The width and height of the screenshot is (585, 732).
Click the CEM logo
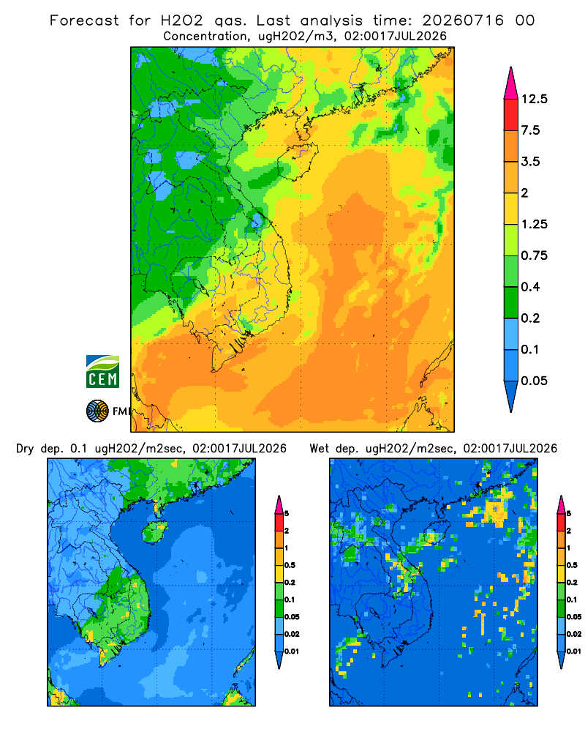[x=102, y=372]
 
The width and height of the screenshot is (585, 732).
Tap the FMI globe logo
[x=97, y=411]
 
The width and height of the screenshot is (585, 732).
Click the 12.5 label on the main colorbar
[x=534, y=99]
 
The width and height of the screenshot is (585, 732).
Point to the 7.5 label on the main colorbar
[x=530, y=130]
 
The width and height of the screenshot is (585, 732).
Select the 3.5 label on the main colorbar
[x=530, y=162]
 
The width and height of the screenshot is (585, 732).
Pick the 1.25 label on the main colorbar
[x=534, y=224]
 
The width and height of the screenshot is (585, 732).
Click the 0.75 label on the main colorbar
[x=534, y=255]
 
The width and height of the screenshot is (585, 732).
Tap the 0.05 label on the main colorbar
[x=534, y=381]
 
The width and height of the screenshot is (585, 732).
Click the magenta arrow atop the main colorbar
[x=511, y=84]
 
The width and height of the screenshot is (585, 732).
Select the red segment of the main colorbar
[x=511, y=115]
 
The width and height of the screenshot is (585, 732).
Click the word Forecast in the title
[x=84, y=20]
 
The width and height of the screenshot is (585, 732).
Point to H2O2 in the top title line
[x=182, y=20]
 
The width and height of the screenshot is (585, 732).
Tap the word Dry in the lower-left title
[x=25, y=449]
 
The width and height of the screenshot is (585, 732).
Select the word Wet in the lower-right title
[x=320, y=449]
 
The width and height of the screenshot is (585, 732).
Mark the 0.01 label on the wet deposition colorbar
[x=574, y=651]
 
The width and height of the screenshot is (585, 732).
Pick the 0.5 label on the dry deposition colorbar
[x=290, y=565]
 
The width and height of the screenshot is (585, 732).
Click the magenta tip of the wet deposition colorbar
[x=561, y=504]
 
